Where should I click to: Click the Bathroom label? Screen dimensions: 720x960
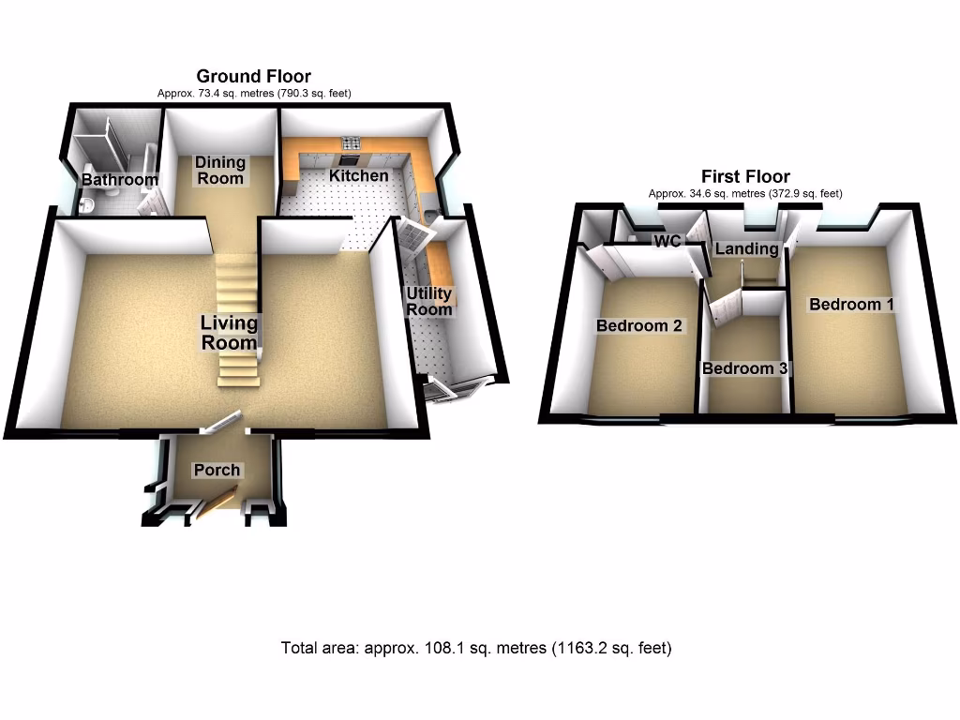pos(119,179)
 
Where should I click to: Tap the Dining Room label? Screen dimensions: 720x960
pos(219,171)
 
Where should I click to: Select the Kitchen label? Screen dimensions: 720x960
pos(358,175)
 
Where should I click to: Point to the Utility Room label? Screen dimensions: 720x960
pos(429,302)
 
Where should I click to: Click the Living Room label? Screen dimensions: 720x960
pos(229,333)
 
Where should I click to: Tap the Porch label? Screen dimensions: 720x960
pos(217,470)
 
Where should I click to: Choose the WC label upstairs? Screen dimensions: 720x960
pos(667,241)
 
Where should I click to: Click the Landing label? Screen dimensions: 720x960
pos(747,248)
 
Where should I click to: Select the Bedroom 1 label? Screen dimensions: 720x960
pos(851,304)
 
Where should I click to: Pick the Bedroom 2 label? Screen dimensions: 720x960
pos(639,326)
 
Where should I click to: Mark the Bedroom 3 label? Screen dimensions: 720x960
pos(744,368)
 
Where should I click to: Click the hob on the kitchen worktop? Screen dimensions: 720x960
pos(352,143)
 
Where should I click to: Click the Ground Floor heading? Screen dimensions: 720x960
pos(253,76)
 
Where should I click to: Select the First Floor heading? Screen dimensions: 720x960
pos(745,176)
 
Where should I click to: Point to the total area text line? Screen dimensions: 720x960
pos(476,648)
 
